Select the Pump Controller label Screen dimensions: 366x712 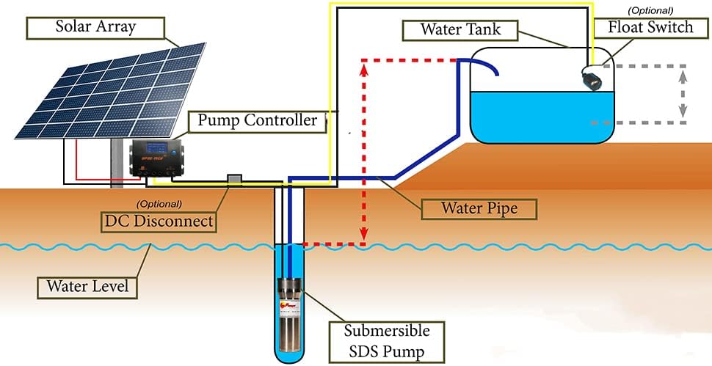257,120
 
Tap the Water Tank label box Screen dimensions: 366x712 460,30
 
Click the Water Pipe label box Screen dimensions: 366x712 479,208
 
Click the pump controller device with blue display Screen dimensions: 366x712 158,157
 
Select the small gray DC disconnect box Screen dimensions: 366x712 235,180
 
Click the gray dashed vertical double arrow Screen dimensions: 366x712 683,92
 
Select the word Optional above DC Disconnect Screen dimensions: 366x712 159,203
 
